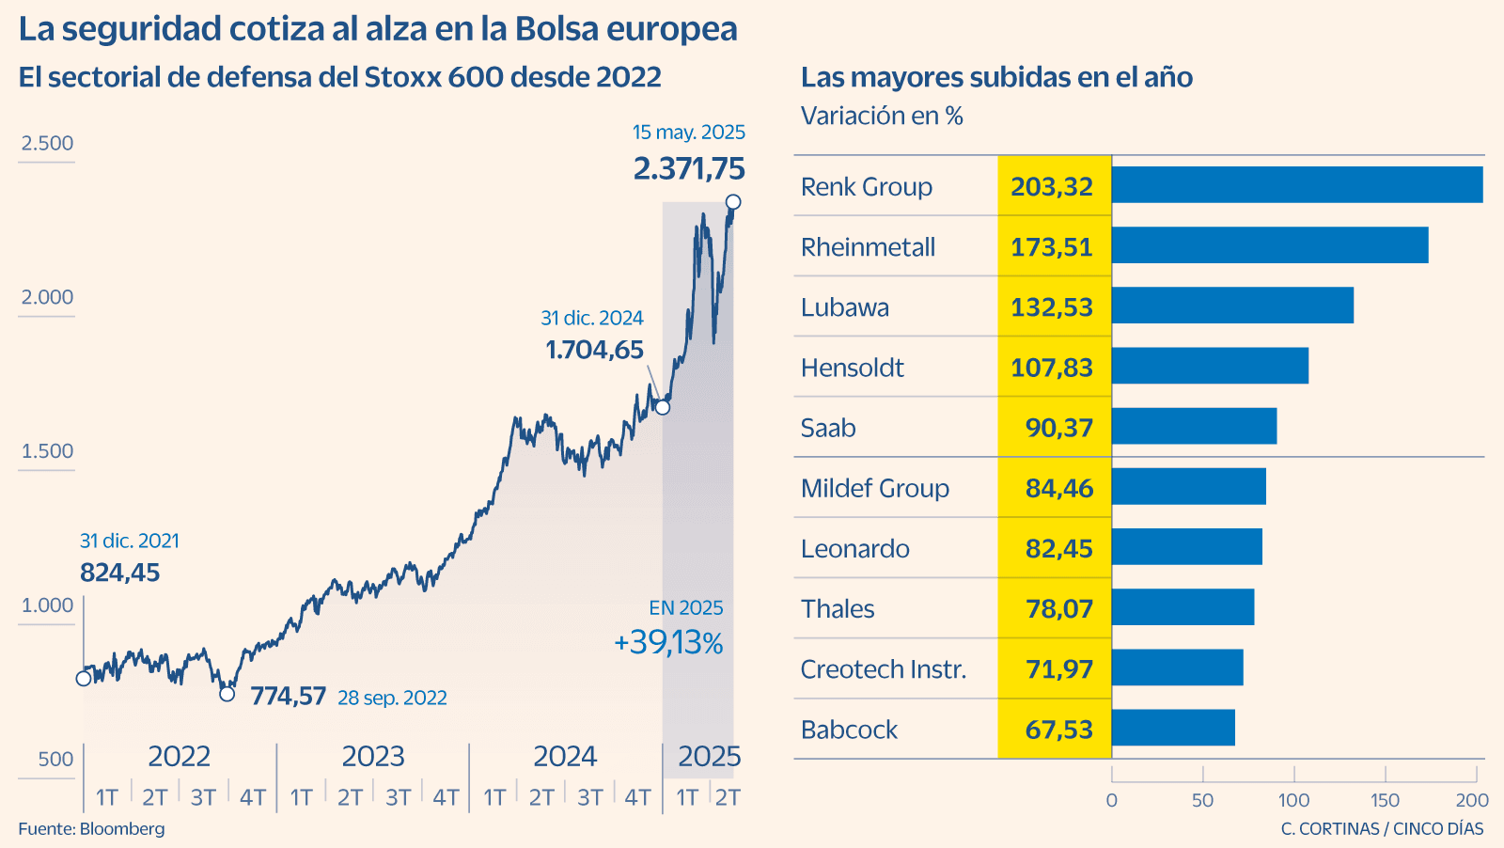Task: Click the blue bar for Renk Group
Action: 1297,185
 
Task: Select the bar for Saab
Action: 1194,427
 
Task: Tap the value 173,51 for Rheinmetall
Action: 1052,247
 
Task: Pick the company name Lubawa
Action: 844,307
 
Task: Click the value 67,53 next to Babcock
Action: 1058,730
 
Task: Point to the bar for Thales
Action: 1183,607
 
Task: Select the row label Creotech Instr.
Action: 883,669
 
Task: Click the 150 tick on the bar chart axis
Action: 1385,800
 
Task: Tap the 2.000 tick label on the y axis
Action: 47,297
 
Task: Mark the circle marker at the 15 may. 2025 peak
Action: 733,202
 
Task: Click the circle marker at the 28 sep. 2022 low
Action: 227,694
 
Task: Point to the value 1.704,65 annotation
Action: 594,350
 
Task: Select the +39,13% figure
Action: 668,643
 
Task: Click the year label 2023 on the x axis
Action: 372,756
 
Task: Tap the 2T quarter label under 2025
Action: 728,797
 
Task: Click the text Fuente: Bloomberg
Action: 91,828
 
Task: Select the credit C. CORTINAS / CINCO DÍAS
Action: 1382,828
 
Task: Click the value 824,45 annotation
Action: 119,572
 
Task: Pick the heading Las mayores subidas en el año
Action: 996,77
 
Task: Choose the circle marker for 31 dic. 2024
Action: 663,407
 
